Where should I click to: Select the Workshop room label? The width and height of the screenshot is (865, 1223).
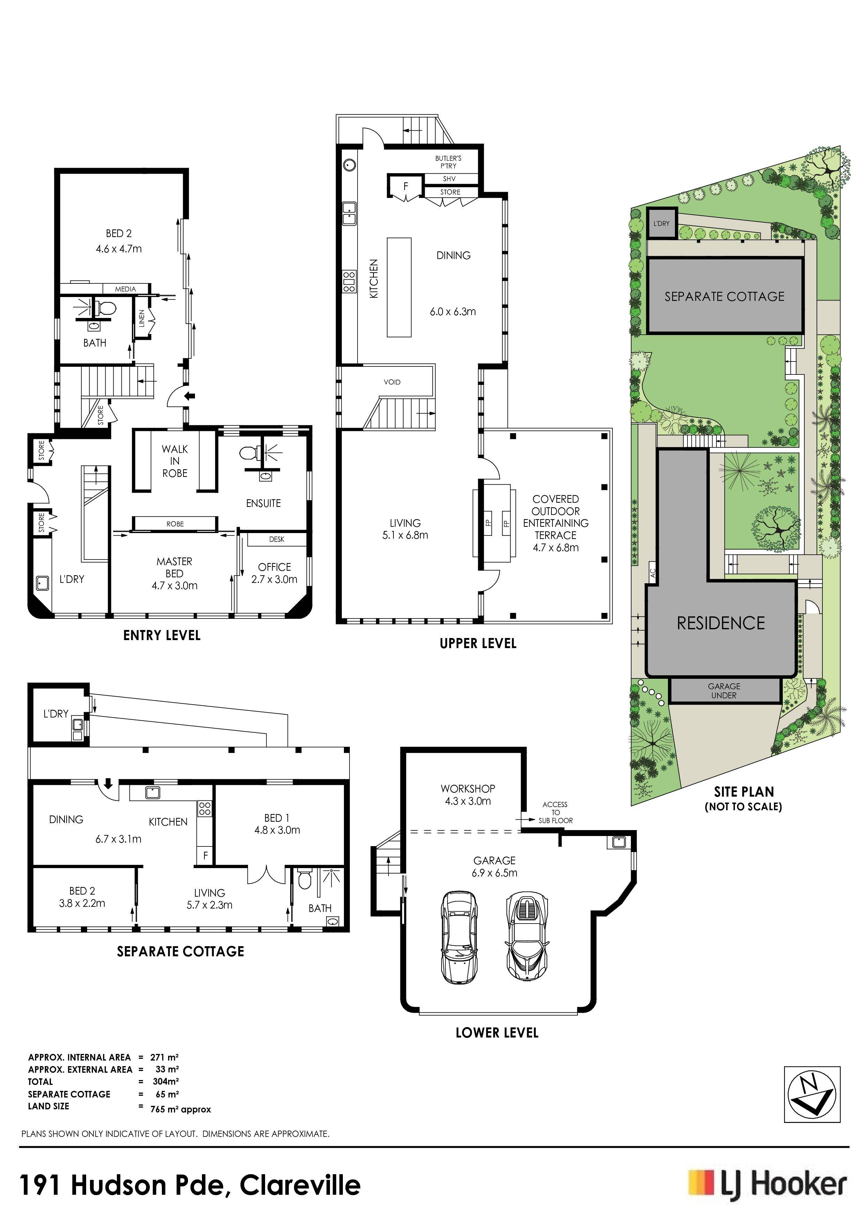point(467,788)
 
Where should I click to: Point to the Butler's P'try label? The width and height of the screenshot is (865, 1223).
point(448,162)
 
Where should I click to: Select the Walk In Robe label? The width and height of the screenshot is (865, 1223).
point(175,461)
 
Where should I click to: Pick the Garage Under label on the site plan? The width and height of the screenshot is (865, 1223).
point(724,690)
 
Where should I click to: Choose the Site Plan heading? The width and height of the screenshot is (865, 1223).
point(744,791)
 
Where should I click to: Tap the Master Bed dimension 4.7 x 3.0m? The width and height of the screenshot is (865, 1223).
point(174,585)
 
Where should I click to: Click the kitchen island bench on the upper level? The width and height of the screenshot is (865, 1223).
point(399,288)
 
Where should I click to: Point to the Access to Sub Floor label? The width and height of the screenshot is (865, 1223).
point(555,812)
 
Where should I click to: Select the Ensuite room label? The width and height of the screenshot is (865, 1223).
point(263,503)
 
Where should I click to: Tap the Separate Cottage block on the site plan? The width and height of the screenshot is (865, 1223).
point(725,296)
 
